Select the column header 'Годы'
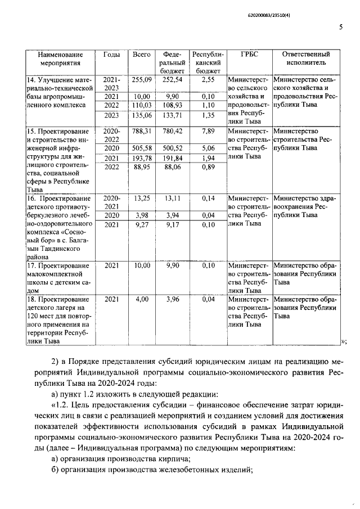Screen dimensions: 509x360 (x=111, y=55)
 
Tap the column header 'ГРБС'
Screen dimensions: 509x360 (x=248, y=55)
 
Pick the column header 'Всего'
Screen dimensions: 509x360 (x=142, y=55)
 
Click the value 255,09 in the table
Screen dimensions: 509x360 (x=142, y=80)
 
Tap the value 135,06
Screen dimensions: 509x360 (x=142, y=115)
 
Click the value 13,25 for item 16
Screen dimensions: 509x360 (x=142, y=198)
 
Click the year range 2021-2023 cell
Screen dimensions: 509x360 (x=111, y=84)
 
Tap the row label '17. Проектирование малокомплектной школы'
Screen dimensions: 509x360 (x=58, y=274)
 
